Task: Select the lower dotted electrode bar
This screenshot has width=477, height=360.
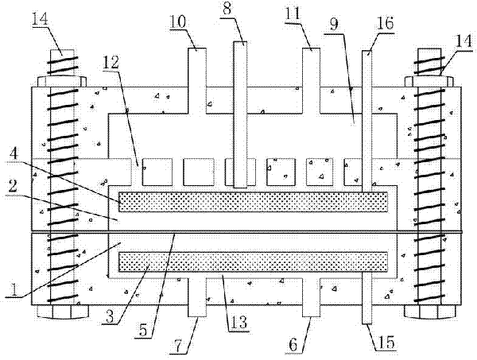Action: pyautogui.click(x=253, y=262)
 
